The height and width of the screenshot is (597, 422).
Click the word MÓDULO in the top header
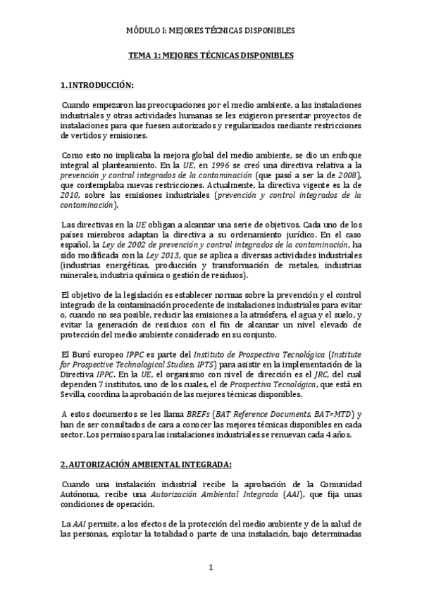142,31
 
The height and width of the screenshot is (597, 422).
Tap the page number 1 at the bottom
210,567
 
